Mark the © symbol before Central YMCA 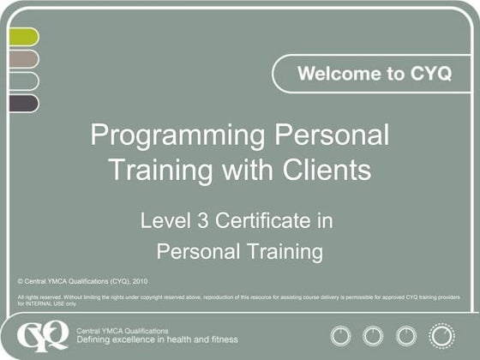(x=20, y=280)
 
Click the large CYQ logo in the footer (x=44, y=334)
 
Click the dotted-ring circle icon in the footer (x=441, y=334)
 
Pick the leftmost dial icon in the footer (x=341, y=335)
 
